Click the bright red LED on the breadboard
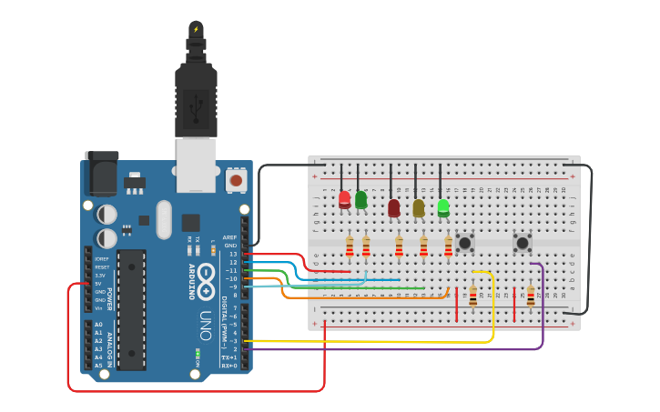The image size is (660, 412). click(x=344, y=199)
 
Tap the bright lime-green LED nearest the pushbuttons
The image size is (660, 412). click(x=443, y=207)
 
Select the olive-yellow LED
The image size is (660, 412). click(x=418, y=208)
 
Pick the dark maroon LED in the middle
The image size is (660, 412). click(x=393, y=208)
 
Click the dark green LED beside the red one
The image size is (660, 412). click(x=360, y=199)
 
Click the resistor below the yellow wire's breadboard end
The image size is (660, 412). click(x=472, y=296)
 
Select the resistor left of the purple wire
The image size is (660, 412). click(x=531, y=296)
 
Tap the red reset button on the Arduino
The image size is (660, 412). click(x=236, y=180)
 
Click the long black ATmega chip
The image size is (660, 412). click(x=131, y=309)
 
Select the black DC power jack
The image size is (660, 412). click(x=101, y=172)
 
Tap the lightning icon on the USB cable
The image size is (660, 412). click(x=195, y=29)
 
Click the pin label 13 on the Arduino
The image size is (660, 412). click(x=233, y=254)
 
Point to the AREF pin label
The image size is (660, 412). click(x=230, y=237)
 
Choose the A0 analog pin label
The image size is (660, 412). click(x=98, y=325)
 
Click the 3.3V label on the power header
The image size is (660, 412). click(x=101, y=275)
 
